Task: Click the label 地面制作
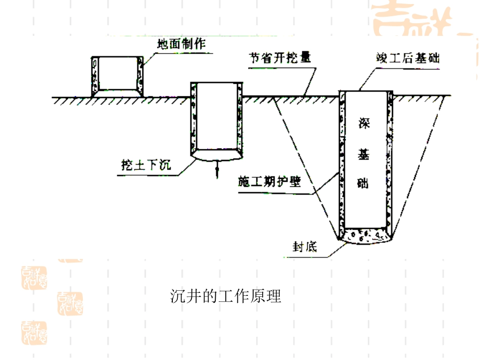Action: pyautogui.click(x=181, y=44)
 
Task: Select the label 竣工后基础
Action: pyautogui.click(x=407, y=58)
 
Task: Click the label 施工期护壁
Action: pyautogui.click(x=269, y=182)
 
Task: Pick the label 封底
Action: pyautogui.click(x=304, y=247)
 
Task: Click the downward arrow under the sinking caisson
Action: pyautogui.click(x=217, y=170)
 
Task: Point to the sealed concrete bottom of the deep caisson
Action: pyautogui.click(x=364, y=236)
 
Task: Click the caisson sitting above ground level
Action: pyautogui.click(x=117, y=76)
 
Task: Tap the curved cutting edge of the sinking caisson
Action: pyautogui.click(x=217, y=157)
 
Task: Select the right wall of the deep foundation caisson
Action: pyautogui.click(x=389, y=162)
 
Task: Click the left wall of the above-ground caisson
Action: pyautogui.click(x=94, y=76)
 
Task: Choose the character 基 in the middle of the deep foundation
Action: pyautogui.click(x=364, y=153)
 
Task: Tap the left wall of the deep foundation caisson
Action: pyautogui.click(x=342, y=162)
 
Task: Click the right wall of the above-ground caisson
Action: pyautogui.click(x=140, y=76)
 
